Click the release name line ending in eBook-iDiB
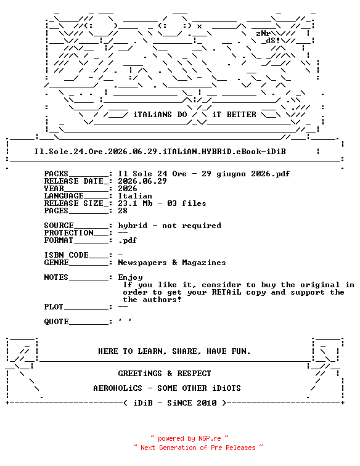160,152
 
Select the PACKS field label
56,174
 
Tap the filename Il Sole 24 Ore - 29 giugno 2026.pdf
203,174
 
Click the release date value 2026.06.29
142,181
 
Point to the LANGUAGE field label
64,196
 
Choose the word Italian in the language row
135,196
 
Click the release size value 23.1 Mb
135,203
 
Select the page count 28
123,211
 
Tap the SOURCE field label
59,226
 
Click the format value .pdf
128,240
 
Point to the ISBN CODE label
67,255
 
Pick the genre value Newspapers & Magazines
172,263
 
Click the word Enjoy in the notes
130,277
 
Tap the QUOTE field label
57,322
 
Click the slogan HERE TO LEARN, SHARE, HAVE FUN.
174,351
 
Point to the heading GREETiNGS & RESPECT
165,374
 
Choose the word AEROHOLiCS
118,388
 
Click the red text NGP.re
210,438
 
